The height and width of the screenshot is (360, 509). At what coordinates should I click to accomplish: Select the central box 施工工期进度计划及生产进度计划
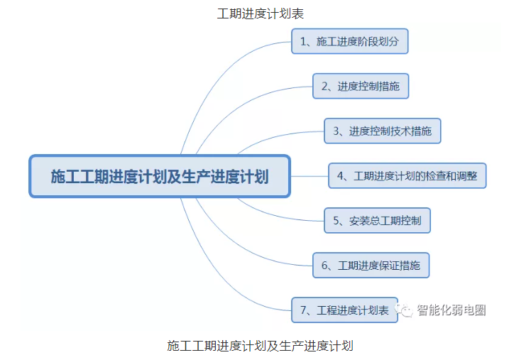[x=160, y=176]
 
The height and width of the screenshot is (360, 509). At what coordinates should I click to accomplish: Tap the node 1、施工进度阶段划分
[x=349, y=41]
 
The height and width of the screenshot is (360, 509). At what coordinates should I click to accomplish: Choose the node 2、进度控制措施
[x=361, y=87]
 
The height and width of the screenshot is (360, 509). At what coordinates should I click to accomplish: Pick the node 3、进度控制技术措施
[x=382, y=131]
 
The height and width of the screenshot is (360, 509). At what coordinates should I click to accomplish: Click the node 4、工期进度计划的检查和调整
[x=407, y=175]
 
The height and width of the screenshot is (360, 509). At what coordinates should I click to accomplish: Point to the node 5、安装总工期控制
[x=377, y=220]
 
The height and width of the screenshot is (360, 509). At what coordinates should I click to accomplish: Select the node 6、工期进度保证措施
[x=371, y=265]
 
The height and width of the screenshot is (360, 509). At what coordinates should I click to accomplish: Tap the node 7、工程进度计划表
[x=344, y=310]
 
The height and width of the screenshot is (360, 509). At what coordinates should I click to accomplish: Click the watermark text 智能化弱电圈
[x=451, y=310]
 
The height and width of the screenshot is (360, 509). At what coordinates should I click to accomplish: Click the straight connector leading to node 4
[x=310, y=175]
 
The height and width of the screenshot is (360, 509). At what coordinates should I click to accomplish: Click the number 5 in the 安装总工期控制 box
[x=336, y=221]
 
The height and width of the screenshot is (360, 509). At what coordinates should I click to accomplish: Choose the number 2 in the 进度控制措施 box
[x=325, y=87]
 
